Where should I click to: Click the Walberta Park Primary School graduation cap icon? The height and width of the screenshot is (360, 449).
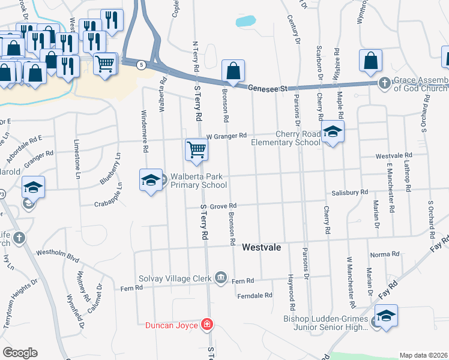151,179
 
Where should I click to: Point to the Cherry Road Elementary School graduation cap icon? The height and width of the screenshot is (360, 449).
331,131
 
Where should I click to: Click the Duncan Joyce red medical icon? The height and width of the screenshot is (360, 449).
207,325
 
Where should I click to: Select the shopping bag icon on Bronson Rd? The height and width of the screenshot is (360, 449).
233,71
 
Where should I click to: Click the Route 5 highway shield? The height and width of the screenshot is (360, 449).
140,65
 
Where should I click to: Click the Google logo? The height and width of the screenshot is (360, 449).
20,352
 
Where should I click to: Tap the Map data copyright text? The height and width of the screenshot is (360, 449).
423,355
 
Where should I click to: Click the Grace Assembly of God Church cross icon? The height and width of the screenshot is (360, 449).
384,84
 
